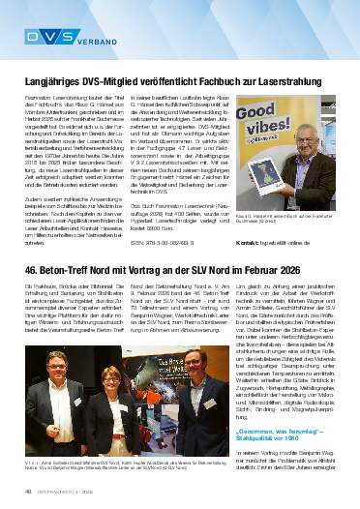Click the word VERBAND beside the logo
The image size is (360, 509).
coord(92,40)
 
